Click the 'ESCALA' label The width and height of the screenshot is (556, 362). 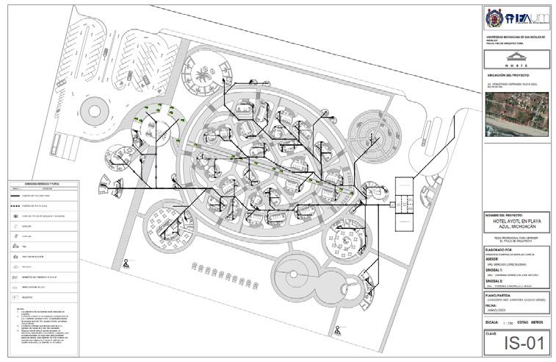[x=494, y=322]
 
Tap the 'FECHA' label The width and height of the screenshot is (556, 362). [x=493, y=305]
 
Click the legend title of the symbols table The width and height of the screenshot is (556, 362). [x=50, y=182]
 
